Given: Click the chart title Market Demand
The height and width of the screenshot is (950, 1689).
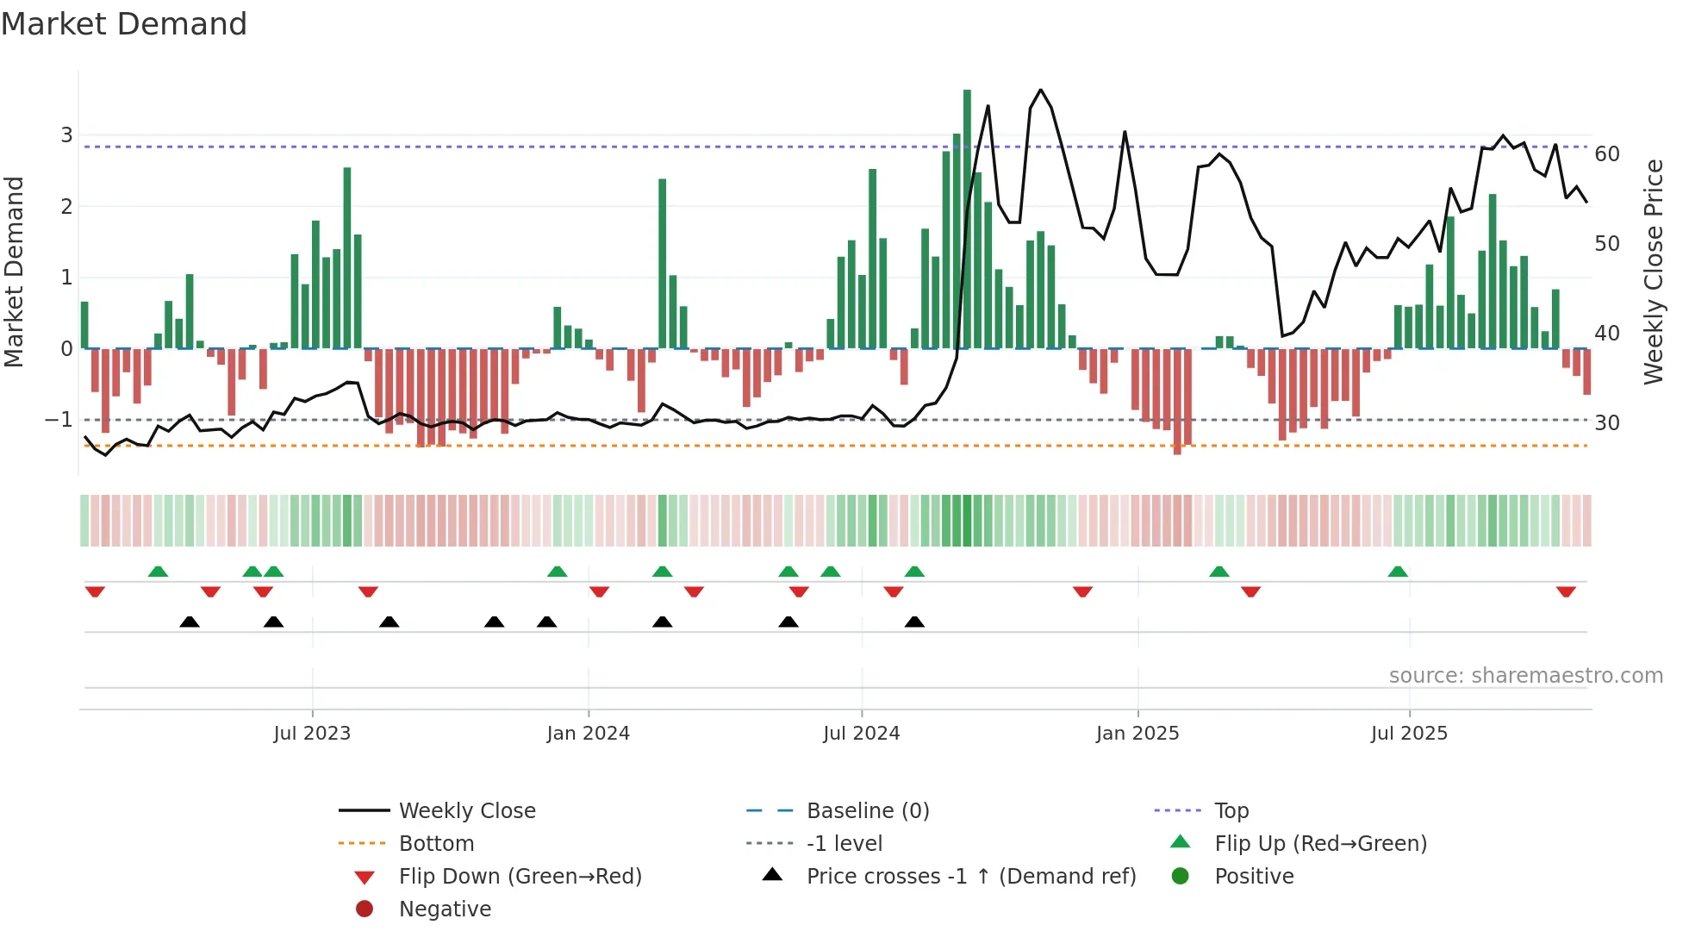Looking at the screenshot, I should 124,24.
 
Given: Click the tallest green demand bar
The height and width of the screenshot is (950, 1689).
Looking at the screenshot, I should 967,219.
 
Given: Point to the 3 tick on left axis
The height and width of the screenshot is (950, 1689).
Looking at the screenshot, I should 66,135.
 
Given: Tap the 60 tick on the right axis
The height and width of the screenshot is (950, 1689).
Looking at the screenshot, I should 1607,154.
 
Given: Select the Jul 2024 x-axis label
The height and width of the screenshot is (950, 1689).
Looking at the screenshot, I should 861,734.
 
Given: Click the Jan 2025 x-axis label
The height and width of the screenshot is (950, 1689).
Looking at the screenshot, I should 1137,734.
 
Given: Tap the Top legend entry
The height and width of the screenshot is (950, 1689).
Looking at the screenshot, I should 1231,811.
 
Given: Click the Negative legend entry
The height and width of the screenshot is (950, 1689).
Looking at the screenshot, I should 445,909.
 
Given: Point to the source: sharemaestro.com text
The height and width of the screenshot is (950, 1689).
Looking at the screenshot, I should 1525,676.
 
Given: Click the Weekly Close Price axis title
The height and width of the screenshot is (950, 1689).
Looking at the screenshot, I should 1653,272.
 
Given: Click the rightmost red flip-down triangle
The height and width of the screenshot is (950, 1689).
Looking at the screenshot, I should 1566,592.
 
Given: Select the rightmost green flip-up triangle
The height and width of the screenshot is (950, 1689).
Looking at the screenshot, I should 1398,572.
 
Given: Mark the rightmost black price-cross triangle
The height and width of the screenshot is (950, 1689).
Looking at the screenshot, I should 914,622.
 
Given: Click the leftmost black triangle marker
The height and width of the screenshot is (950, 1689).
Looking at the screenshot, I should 190,622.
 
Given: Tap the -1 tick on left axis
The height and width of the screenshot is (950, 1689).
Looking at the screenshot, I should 59,420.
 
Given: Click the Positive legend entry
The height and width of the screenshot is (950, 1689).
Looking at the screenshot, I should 1253,877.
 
